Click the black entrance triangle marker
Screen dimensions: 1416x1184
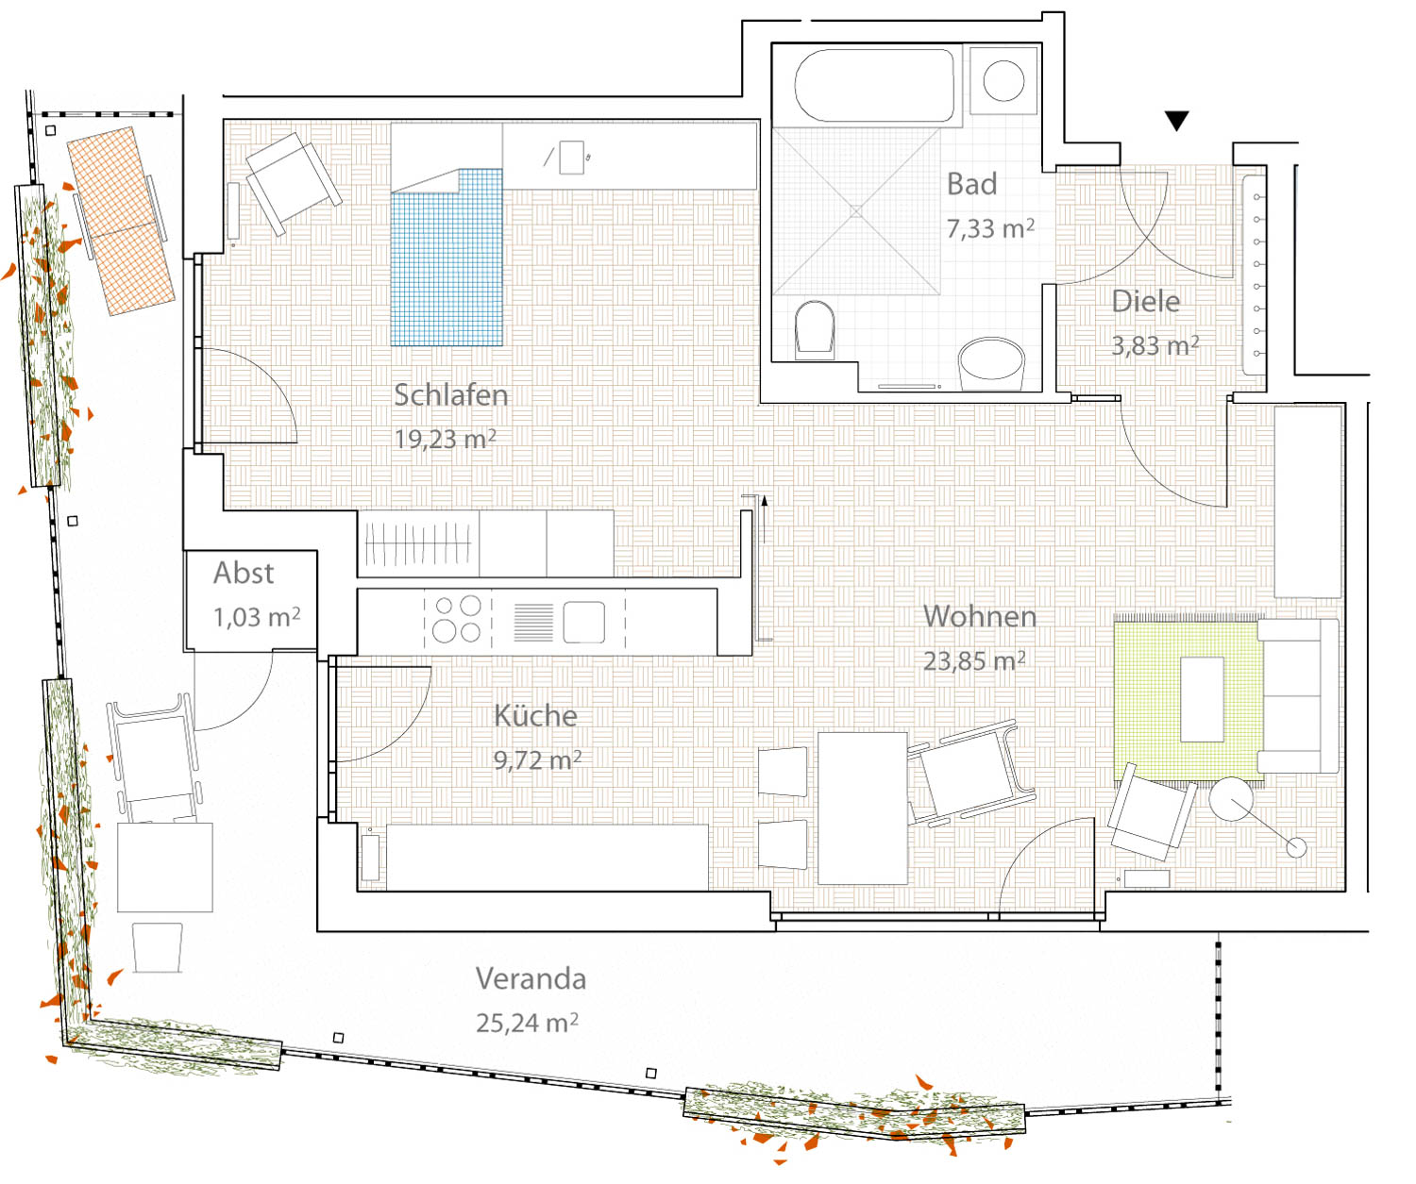tap(1176, 121)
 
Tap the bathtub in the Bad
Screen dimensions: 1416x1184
tap(874, 86)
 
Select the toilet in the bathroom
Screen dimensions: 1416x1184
tap(814, 328)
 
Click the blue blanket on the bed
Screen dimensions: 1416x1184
tap(447, 258)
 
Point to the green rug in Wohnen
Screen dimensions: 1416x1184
tap(1188, 700)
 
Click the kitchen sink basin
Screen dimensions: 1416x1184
tap(584, 622)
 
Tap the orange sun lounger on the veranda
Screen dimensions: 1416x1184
tap(121, 221)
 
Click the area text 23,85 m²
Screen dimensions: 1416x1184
tap(974, 660)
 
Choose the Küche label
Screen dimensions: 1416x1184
tap(536, 716)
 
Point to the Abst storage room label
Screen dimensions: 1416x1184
tap(244, 574)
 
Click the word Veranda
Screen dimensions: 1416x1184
tap(531, 978)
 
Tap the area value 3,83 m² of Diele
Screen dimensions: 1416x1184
tap(1155, 345)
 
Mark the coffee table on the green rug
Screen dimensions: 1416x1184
tap(1202, 699)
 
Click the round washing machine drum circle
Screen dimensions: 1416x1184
tap(1003, 80)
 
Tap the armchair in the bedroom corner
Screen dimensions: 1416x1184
tap(293, 182)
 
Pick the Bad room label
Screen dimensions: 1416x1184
tap(971, 184)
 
